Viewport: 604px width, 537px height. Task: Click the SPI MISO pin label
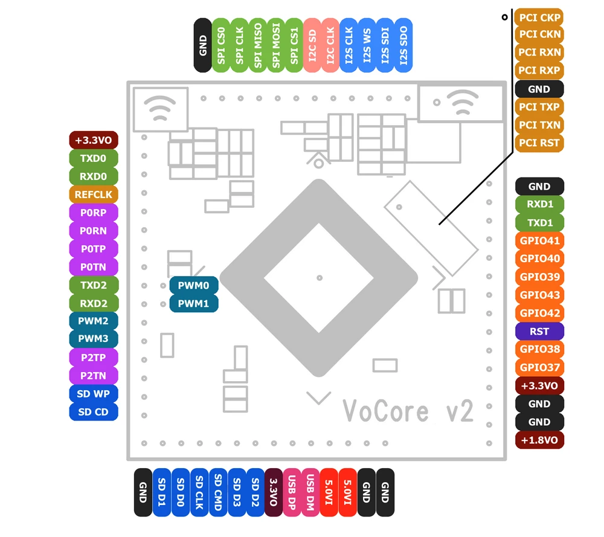pos(258,45)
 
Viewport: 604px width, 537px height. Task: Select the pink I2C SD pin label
pos(312,45)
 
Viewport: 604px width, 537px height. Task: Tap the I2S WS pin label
pos(367,45)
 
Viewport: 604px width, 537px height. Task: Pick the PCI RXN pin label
pos(539,53)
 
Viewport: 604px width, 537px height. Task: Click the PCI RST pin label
pos(539,143)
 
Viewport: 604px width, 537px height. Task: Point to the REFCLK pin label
pos(94,195)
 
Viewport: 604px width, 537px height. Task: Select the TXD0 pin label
pos(94,158)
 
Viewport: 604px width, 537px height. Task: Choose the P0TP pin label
pos(94,249)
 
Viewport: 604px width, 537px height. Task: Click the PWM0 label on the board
pos(193,285)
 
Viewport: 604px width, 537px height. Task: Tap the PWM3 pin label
pos(94,339)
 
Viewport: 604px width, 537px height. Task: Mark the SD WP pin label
pos(94,394)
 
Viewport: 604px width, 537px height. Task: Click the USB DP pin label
pos(292,493)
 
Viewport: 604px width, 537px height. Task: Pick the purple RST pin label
pos(539,332)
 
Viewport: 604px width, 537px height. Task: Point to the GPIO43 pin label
pos(539,295)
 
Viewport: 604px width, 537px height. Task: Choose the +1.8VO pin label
pos(539,440)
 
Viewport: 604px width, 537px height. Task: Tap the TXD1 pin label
pos(539,223)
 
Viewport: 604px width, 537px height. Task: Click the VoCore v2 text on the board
pos(408,411)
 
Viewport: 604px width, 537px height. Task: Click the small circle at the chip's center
pos(320,278)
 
